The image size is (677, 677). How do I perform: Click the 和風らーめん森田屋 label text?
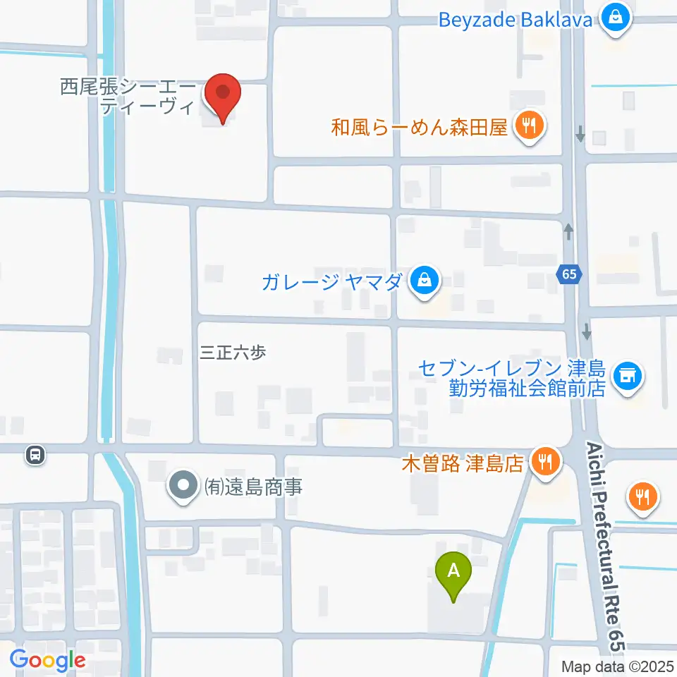pyautogui.click(x=420, y=128)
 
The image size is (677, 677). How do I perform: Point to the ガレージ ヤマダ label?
pyautogui.click(x=331, y=283)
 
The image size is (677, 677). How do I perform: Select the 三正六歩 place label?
pyautogui.click(x=233, y=353)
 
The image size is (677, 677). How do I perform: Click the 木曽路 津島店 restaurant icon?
pyautogui.click(x=544, y=463)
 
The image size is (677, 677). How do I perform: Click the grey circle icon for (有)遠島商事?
pyautogui.click(x=184, y=486)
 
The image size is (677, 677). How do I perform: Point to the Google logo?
pyautogui.click(x=47, y=660)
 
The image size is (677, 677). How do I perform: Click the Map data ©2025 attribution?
pyautogui.click(x=617, y=666)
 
